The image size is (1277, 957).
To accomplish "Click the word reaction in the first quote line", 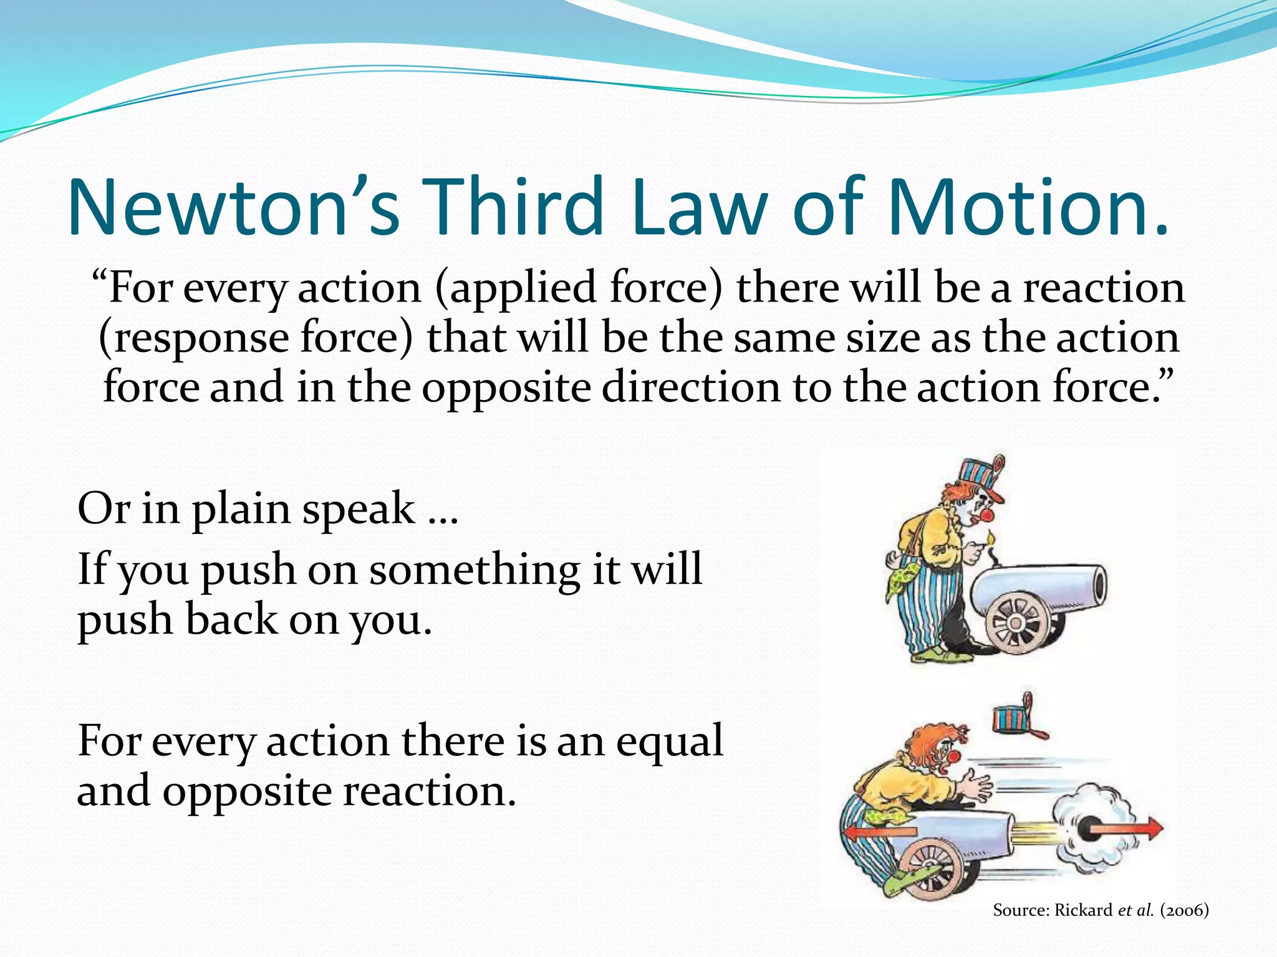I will click(1104, 288).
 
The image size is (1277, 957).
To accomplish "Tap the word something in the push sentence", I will click(474, 569).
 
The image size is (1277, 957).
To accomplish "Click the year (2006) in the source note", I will click(1184, 910).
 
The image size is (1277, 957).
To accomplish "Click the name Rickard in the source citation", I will click(1083, 910).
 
